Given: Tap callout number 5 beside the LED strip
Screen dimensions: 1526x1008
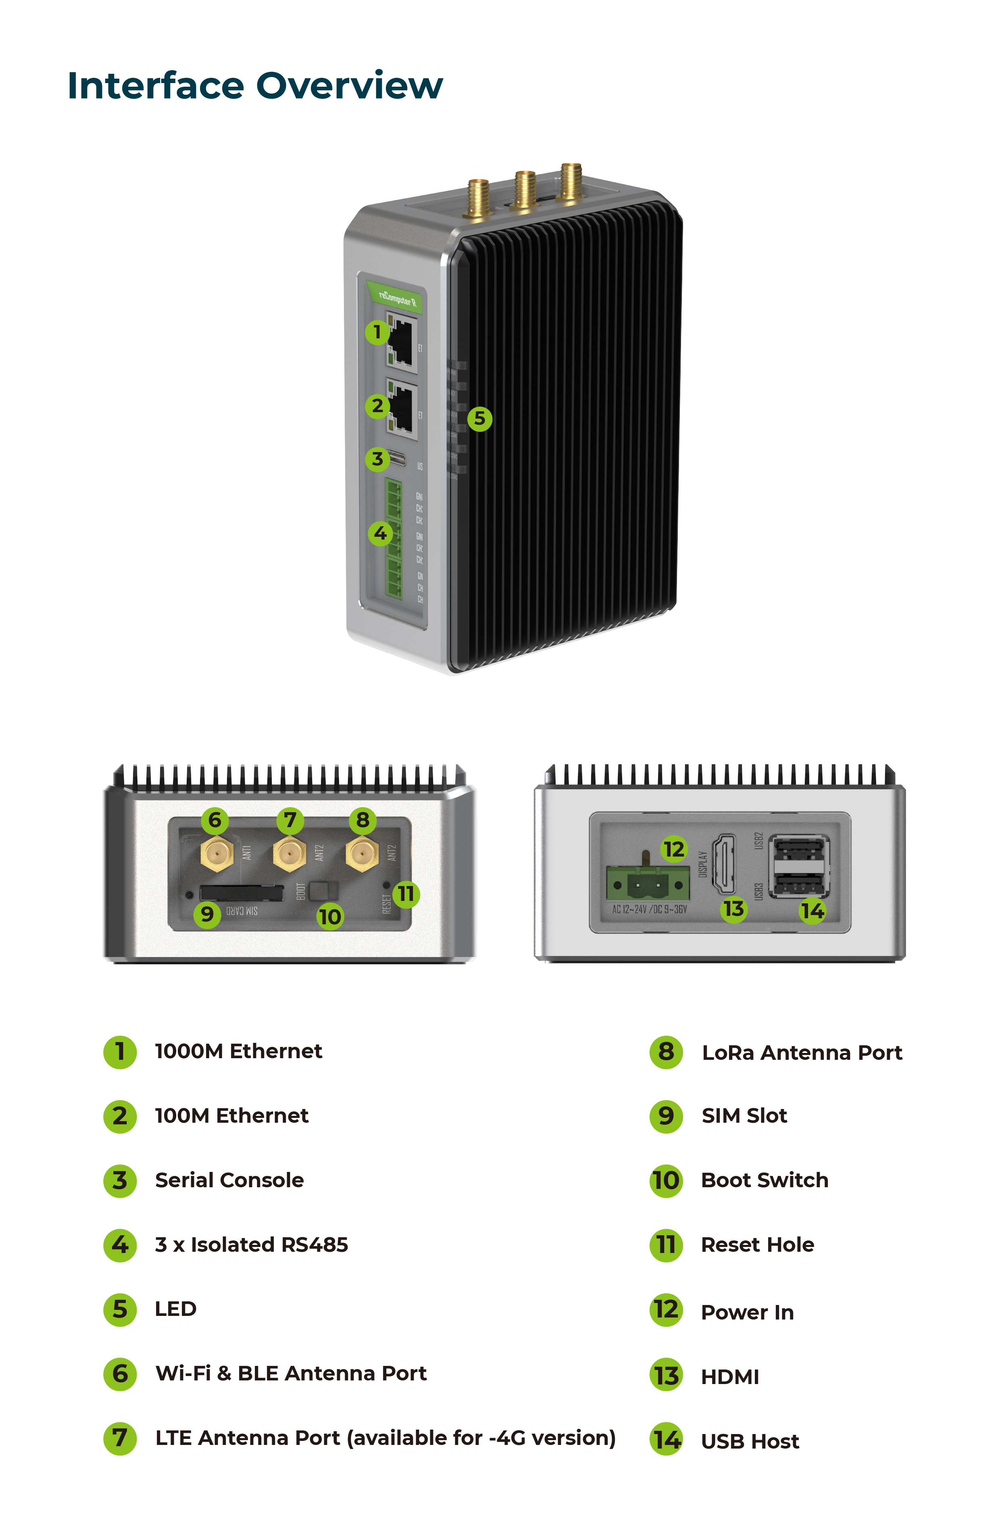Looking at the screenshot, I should (479, 419).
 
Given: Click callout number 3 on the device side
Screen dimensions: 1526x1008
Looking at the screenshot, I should (377, 459).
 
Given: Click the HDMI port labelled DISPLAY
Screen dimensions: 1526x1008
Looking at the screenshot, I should (725, 863).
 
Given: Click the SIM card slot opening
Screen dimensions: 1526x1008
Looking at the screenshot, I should (241, 893).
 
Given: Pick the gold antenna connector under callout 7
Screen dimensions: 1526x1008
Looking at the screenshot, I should (289, 854).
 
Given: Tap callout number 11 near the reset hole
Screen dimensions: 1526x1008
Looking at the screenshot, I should (406, 894).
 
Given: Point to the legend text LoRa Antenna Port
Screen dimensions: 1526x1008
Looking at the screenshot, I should (802, 1053).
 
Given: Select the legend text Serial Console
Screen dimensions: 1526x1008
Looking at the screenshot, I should (229, 1180).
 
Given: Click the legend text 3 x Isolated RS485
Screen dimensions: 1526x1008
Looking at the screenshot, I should (251, 1245).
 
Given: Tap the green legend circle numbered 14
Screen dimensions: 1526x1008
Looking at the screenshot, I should (666, 1440).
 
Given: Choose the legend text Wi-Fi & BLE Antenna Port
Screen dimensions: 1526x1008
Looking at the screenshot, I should (291, 1373).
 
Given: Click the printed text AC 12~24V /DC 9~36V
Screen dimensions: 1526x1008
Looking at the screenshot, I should (649, 909).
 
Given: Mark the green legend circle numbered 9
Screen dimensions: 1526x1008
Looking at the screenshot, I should (666, 1116).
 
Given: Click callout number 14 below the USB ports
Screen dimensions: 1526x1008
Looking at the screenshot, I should (812, 911).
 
